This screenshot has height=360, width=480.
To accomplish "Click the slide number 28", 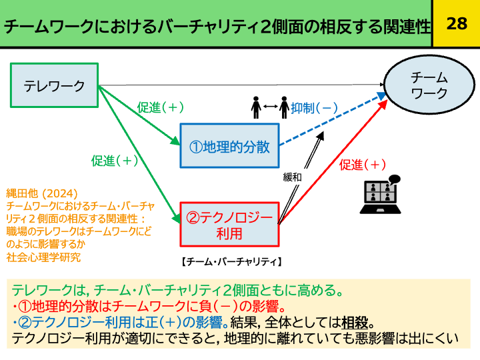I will pos(456,24).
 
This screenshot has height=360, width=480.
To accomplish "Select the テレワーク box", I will pos(55,85).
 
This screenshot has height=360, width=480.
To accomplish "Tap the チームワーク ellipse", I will pos(429,85).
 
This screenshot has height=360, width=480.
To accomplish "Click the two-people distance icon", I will pos(269,107).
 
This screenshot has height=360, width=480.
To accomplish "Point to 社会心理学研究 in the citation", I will pos(40,255).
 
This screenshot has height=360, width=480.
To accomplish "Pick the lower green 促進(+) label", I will pos(115,160).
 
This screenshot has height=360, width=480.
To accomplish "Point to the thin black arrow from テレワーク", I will pos(240,85).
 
